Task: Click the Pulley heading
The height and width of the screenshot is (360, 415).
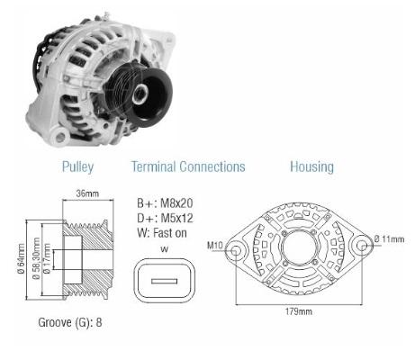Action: [x=77, y=166]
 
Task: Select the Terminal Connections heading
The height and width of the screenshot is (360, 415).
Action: [x=188, y=166]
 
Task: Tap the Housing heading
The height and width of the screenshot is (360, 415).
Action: [x=311, y=166]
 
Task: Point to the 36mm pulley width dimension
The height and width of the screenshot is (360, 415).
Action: [x=87, y=193]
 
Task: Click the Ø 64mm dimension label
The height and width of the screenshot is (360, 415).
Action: [x=22, y=258]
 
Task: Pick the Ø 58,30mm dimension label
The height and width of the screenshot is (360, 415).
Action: [x=36, y=258]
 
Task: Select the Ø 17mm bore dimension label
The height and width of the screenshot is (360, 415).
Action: [x=47, y=258]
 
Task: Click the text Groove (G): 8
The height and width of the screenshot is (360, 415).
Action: [x=70, y=322]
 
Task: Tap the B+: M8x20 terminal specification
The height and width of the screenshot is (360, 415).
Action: [x=165, y=203]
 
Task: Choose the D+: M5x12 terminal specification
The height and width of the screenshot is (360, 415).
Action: [x=165, y=218]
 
